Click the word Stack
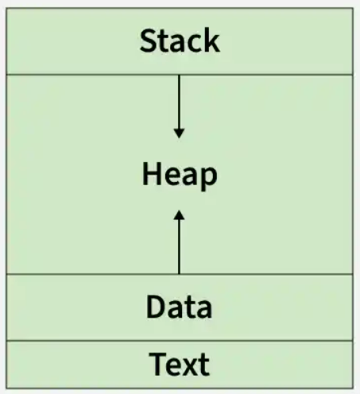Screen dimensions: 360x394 [180, 41]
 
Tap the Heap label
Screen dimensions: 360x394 [180, 176]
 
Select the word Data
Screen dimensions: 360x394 [179, 307]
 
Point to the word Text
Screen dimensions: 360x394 [180, 364]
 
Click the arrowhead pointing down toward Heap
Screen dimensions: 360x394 [179, 133]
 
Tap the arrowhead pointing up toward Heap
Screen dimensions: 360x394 [179, 215]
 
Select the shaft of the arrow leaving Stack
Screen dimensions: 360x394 [179, 102]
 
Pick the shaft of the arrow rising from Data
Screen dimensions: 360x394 [179, 247]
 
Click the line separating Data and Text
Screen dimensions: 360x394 [180, 341]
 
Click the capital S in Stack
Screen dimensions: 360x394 [148, 41]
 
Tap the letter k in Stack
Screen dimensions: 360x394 [211, 40]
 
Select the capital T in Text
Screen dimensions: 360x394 [158, 364]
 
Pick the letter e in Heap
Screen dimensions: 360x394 [172, 176]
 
